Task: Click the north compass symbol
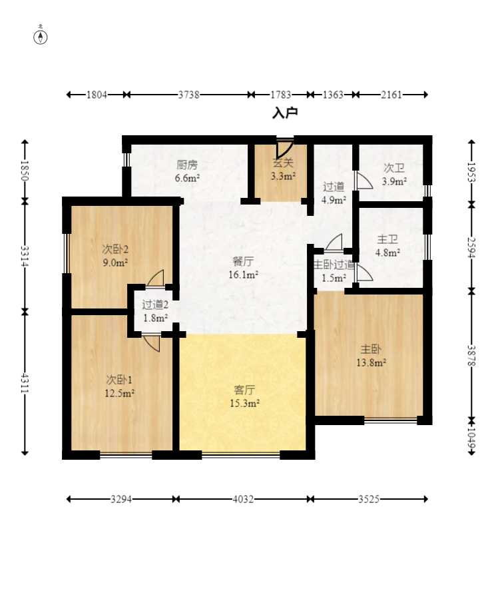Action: pos(41,37)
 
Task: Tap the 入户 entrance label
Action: pos(285,113)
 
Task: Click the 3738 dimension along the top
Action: pos(189,95)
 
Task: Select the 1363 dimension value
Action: pos(333,95)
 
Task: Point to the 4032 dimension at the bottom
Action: pos(243,499)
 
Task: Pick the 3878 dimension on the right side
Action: pos(471,356)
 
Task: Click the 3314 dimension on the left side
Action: pos(25,256)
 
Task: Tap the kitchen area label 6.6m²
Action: pos(187,178)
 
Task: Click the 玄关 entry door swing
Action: pos(284,149)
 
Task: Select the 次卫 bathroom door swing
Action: pos(364,181)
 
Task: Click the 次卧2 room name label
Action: pos(115,249)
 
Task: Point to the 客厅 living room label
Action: pos(244,390)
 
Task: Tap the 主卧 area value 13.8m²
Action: pos(371,362)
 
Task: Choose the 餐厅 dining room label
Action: pos(243,261)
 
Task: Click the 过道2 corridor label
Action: pos(155,304)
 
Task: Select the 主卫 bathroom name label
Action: pos(387,239)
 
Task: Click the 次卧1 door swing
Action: pos(151,342)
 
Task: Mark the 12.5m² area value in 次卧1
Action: pos(119,392)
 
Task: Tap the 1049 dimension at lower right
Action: pos(471,438)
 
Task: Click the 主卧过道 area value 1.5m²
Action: pos(334,278)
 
